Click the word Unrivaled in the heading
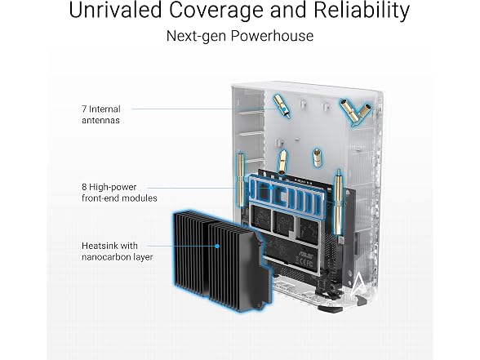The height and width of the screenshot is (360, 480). (115, 10)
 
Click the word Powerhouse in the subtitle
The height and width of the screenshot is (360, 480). (272, 36)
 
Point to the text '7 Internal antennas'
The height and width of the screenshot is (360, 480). (101, 114)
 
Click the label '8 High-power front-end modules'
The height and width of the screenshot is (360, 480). (119, 193)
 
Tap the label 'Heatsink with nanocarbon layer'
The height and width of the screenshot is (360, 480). (118, 251)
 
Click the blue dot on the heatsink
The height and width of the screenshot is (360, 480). (217, 246)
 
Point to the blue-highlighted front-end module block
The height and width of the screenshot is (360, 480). (286, 196)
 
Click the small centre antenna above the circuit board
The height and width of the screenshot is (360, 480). (282, 162)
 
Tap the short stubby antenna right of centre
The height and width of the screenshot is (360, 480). (317, 158)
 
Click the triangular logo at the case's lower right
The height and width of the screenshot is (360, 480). (358, 286)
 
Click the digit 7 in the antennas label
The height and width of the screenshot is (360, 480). (84, 109)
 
